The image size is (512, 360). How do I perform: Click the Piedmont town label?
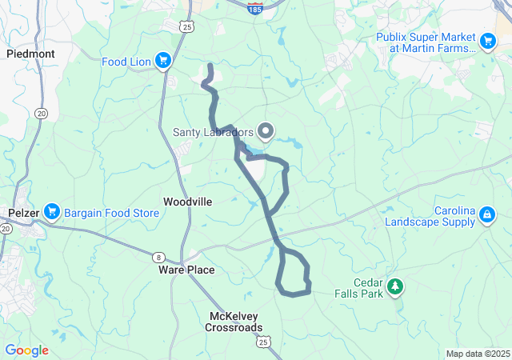click(x=30, y=54)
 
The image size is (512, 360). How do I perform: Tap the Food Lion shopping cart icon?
click(x=163, y=60)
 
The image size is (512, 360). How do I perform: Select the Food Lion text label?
click(x=126, y=61)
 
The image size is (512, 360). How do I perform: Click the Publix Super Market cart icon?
click(x=488, y=39)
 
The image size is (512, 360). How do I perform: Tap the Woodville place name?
click(x=188, y=202)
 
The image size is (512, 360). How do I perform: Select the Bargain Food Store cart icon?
click(x=53, y=212)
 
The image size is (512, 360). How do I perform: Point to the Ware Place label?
click(x=186, y=270)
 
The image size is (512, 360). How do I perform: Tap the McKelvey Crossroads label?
click(x=233, y=322)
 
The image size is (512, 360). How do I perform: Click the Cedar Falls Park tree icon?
click(x=394, y=286)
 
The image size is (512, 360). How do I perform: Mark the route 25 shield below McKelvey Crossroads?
click(x=264, y=342)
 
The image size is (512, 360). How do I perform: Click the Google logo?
click(x=26, y=350)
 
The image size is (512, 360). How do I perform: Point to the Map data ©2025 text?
click(x=477, y=354)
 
